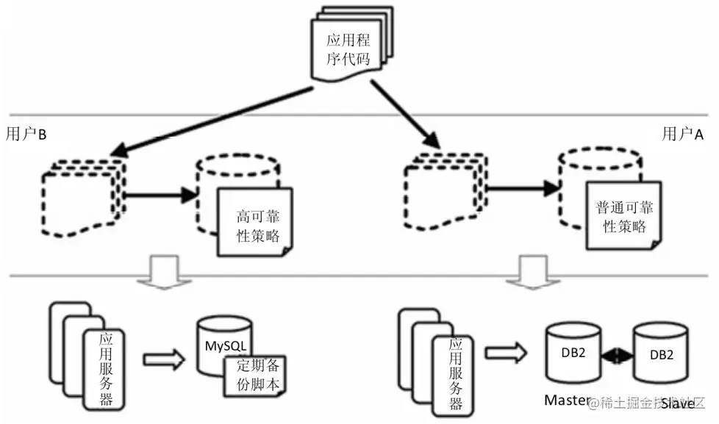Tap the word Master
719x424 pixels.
566,400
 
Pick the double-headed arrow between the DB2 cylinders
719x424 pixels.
617,354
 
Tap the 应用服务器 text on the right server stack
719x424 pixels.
456,374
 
